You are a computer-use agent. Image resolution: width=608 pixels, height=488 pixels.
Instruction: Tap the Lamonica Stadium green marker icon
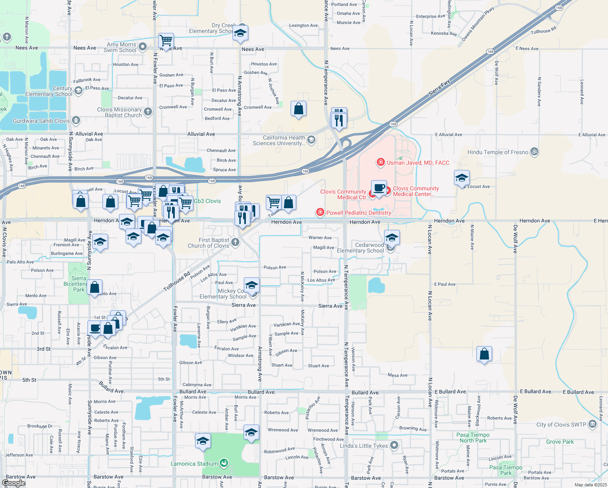(x=224, y=463)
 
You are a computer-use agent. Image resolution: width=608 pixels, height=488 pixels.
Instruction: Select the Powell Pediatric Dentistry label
(x=358, y=213)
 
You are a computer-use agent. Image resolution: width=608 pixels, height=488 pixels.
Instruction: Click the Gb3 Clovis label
(x=207, y=201)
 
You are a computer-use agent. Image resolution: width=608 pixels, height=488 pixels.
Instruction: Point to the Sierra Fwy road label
(x=439, y=88)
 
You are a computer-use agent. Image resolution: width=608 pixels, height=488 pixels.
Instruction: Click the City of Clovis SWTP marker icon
(x=593, y=425)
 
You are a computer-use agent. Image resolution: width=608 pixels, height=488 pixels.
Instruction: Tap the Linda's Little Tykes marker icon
(x=394, y=445)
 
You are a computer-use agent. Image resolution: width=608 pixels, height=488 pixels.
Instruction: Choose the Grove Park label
(x=560, y=442)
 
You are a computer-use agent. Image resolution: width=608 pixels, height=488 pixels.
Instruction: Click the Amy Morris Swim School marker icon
(x=143, y=47)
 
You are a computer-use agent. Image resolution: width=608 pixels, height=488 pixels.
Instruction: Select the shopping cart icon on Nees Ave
(x=166, y=41)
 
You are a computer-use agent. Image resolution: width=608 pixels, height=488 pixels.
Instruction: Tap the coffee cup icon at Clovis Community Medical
(x=379, y=188)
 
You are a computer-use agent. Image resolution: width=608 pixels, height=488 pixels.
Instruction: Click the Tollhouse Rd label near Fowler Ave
(x=177, y=281)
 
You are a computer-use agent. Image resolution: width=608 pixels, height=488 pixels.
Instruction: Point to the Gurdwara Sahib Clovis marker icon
(x=76, y=120)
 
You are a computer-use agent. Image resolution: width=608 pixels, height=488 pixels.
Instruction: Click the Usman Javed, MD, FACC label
(x=418, y=163)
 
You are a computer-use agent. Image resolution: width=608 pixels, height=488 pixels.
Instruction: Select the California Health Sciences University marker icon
(x=311, y=140)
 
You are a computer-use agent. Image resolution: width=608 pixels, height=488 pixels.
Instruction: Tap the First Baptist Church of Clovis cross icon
(x=235, y=243)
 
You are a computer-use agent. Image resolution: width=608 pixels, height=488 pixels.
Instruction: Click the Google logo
(x=13, y=483)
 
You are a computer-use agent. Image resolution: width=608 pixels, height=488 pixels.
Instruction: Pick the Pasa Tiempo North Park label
(x=473, y=438)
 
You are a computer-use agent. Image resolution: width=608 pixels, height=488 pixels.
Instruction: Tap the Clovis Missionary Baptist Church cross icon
(x=148, y=112)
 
